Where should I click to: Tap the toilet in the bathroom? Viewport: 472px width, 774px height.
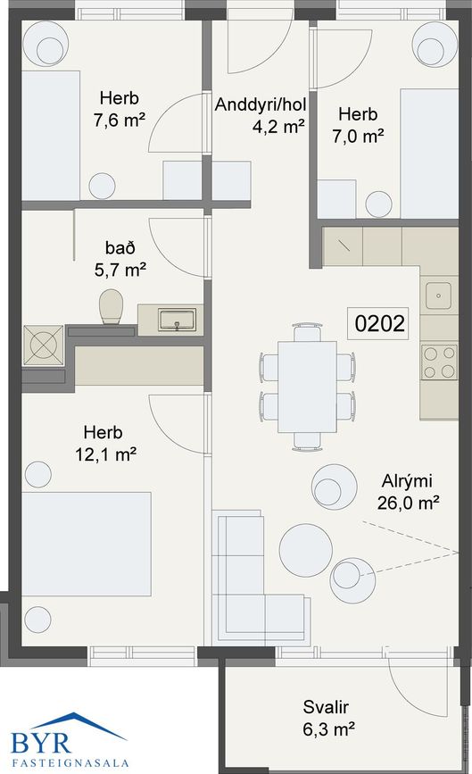pyautogui.click(x=111, y=306)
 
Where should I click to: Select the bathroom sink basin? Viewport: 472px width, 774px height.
pyautogui.click(x=177, y=320)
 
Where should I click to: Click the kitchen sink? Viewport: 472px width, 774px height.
pyautogui.click(x=438, y=295)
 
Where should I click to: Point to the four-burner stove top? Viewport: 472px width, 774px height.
pyautogui.click(x=439, y=362)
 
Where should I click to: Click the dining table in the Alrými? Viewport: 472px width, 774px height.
pyautogui.click(x=307, y=387)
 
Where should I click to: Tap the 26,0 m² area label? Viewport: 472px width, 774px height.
pyautogui.click(x=409, y=503)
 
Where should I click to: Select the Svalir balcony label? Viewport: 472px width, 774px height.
pyautogui.click(x=326, y=707)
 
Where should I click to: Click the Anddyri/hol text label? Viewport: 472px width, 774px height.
pyautogui.click(x=261, y=104)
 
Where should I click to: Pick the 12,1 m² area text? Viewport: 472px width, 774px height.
pyautogui.click(x=105, y=454)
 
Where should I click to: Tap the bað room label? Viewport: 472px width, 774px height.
pyautogui.click(x=120, y=247)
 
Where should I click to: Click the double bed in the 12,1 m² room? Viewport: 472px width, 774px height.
pyautogui.click(x=87, y=544)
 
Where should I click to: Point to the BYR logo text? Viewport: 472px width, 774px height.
pyautogui.click(x=41, y=743)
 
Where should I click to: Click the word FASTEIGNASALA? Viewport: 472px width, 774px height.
pyautogui.click(x=70, y=763)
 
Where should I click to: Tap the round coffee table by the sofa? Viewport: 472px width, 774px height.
pyautogui.click(x=306, y=550)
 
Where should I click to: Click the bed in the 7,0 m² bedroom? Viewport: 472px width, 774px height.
pyautogui.click(x=429, y=154)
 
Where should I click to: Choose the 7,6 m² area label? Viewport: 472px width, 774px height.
pyautogui.click(x=120, y=120)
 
